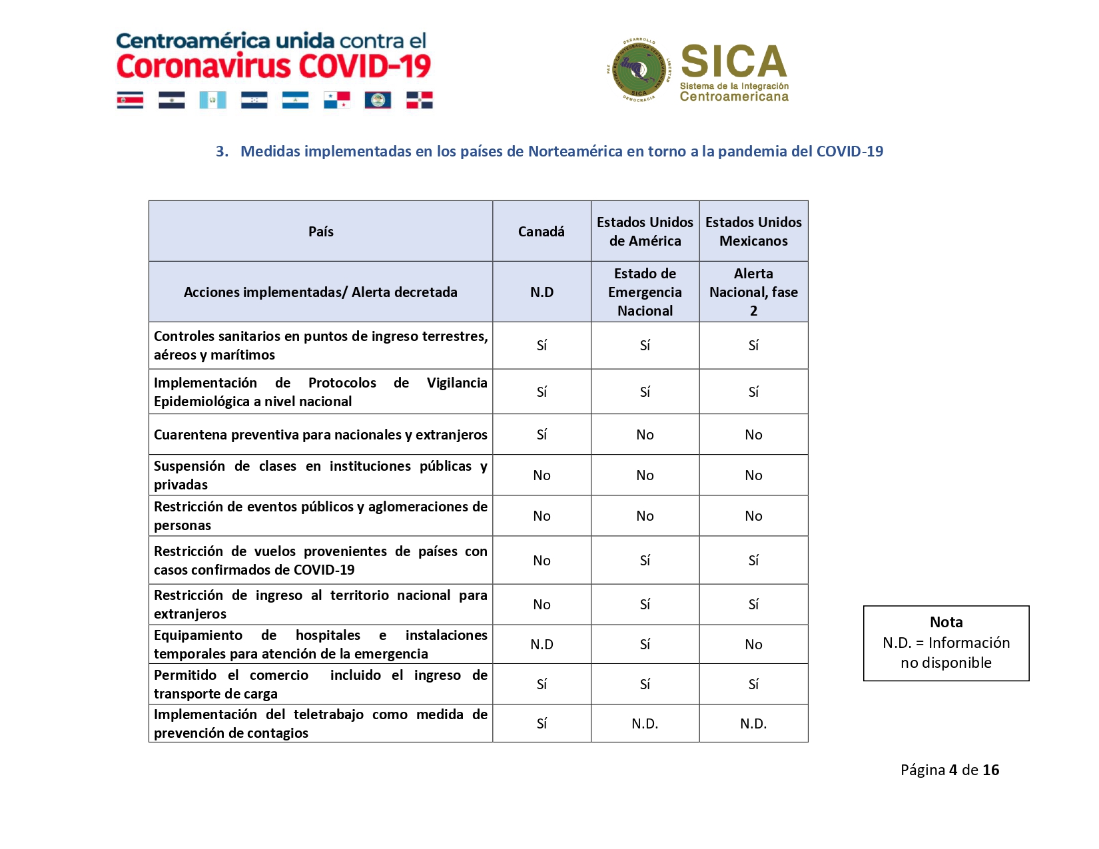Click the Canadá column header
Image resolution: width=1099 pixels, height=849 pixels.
click(541, 231)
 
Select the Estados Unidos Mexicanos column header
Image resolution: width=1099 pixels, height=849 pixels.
click(753, 231)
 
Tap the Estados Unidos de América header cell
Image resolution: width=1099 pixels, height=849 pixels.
click(645, 231)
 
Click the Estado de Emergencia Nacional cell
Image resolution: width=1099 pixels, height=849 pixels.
click(645, 292)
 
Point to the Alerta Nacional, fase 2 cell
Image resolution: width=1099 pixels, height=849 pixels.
click(753, 292)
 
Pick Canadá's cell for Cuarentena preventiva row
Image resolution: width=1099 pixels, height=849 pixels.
click(542, 435)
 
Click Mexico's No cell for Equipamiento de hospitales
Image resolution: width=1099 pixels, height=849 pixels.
click(753, 645)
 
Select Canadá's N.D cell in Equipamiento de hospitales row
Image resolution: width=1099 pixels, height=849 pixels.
click(542, 645)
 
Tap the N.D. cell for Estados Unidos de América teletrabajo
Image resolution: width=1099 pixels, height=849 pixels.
click(645, 724)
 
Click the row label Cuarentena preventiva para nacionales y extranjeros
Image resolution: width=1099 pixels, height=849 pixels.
click(320, 435)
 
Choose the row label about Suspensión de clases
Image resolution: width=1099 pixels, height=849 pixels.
click(320, 475)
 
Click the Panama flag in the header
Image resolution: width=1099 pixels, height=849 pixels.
click(337, 100)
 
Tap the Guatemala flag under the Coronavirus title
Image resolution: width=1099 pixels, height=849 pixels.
click(213, 100)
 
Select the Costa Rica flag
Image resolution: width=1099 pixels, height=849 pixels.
click(130, 100)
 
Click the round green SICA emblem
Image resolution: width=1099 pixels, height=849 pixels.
click(639, 70)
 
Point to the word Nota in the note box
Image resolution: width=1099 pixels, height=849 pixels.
click(946, 622)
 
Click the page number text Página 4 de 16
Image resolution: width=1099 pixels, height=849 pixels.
click(949, 770)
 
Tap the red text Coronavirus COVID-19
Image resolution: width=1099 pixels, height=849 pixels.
click(274, 67)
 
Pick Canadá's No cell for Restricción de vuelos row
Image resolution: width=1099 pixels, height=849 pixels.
click(542, 561)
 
